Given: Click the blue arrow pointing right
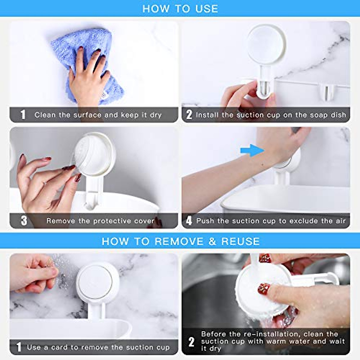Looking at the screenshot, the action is [x=252, y=150].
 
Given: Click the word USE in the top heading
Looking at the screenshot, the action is [x=207, y=9].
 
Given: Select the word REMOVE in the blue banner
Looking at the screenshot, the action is [x=179, y=241].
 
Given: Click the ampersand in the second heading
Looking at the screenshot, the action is [x=212, y=241].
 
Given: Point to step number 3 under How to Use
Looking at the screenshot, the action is [x=24, y=221].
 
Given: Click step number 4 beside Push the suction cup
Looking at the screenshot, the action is [x=189, y=221].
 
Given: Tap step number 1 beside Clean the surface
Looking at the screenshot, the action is [x=23, y=115].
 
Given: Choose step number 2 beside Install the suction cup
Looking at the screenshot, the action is [x=189, y=115].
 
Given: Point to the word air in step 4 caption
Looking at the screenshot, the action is [x=340, y=221].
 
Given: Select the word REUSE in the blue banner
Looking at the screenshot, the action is [x=240, y=241].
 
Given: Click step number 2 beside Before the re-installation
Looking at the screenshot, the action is [x=191, y=342].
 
